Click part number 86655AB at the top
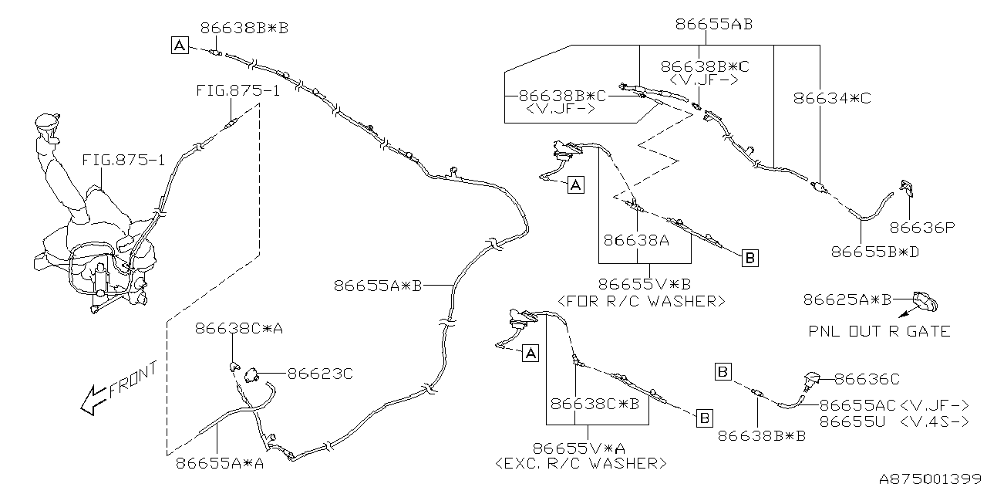(x=713, y=24)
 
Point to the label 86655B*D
(x=874, y=251)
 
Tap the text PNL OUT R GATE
(x=879, y=331)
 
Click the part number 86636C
(x=867, y=379)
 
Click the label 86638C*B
(x=595, y=404)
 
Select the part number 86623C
(x=320, y=374)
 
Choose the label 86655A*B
(x=378, y=286)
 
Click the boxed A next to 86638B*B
(x=179, y=46)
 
